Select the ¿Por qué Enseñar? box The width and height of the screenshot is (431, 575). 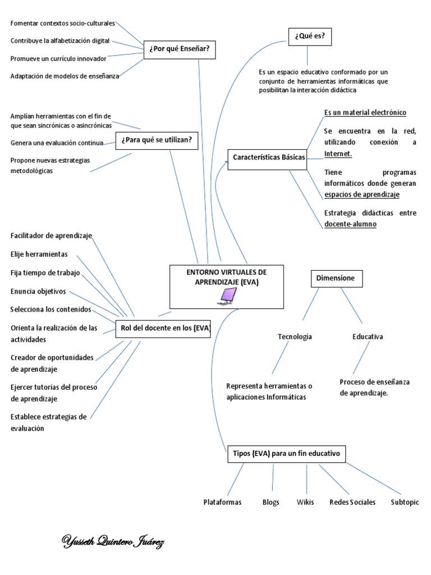tap(179, 49)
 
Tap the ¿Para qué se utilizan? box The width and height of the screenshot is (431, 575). tap(157, 139)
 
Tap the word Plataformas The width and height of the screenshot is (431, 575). tap(222, 502)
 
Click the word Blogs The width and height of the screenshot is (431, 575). tap(270, 502)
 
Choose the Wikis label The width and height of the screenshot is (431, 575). tap(305, 502)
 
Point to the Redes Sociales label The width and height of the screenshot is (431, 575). tap(352, 502)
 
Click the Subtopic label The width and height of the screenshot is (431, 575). tap(405, 502)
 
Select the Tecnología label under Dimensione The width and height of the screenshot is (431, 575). tap(295, 337)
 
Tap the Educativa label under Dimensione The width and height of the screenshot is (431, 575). tap(368, 337)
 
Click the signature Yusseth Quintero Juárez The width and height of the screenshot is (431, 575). tap(112, 542)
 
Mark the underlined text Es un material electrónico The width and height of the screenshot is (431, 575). tap(365, 113)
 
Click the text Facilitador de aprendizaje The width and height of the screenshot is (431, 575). tap(51, 235)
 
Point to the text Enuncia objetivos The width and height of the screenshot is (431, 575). tap(38, 291)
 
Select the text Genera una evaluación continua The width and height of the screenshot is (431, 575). tap(57, 143)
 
